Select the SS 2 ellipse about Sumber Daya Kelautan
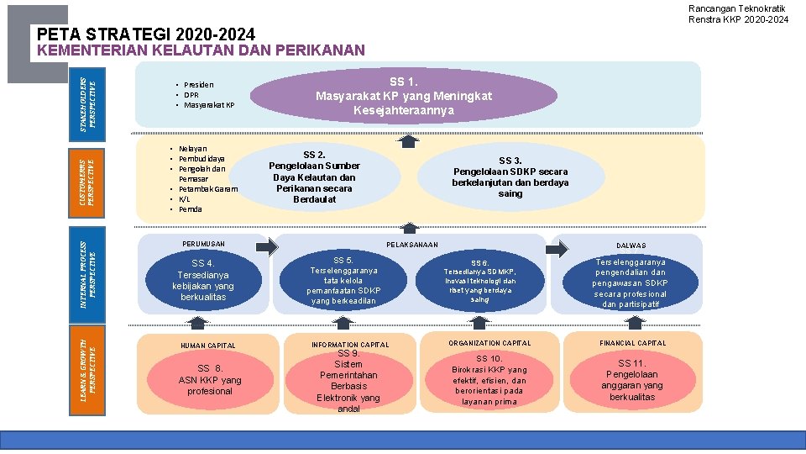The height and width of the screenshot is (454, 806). [314, 177]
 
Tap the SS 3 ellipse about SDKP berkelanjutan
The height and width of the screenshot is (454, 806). [510, 177]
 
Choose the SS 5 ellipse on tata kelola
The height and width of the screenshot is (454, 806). [343, 280]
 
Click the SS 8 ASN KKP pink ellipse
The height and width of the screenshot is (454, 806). [209, 379]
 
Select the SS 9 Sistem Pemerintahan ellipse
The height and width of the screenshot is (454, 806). [348, 381]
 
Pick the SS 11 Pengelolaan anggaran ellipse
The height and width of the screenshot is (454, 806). [631, 380]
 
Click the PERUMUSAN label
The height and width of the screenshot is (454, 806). [204, 244]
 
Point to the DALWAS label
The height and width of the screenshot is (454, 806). [631, 245]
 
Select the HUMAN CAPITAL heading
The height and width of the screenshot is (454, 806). [208, 346]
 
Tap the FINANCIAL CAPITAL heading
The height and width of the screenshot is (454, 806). [632, 343]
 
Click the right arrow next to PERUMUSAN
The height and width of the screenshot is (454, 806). [266, 247]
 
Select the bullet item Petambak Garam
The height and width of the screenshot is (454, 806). [208, 189]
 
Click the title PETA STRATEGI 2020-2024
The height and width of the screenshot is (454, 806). [147, 34]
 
